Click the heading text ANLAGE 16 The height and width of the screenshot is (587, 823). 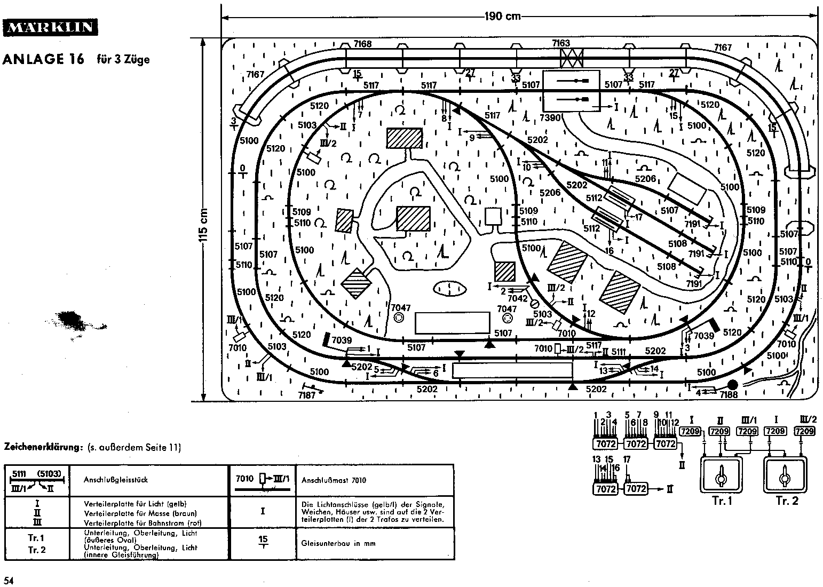click(x=43, y=59)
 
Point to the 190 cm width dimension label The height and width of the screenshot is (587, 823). click(x=502, y=17)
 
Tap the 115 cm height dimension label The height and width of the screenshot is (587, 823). click(x=203, y=233)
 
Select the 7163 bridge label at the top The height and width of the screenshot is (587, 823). click(x=561, y=43)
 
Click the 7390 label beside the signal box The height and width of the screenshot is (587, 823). click(x=550, y=117)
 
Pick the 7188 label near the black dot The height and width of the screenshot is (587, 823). click(x=729, y=394)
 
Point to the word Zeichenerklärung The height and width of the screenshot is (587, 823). click(x=43, y=447)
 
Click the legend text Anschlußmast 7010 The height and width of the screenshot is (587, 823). click(x=326, y=480)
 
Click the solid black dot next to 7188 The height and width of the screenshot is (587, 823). click(x=733, y=384)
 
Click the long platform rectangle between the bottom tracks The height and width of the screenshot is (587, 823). click(x=512, y=370)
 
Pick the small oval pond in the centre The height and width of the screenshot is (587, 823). click(x=449, y=288)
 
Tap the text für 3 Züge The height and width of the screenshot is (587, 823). click(x=123, y=59)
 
